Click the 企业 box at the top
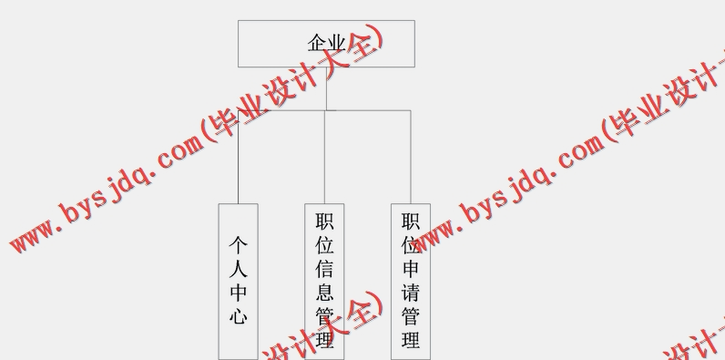pos(326,44)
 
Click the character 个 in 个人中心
pos(238,245)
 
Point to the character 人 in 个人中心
pos(238,269)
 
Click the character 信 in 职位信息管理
pos(324,269)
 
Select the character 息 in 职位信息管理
pos(324,293)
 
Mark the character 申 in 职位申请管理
pos(411,269)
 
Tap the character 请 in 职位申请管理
pos(411,293)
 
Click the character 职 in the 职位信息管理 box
pos(324,221)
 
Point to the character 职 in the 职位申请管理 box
pos(411,221)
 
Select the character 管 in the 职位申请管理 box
pos(411,317)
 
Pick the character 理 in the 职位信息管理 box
pos(324,341)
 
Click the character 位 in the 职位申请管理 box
pos(411,245)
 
